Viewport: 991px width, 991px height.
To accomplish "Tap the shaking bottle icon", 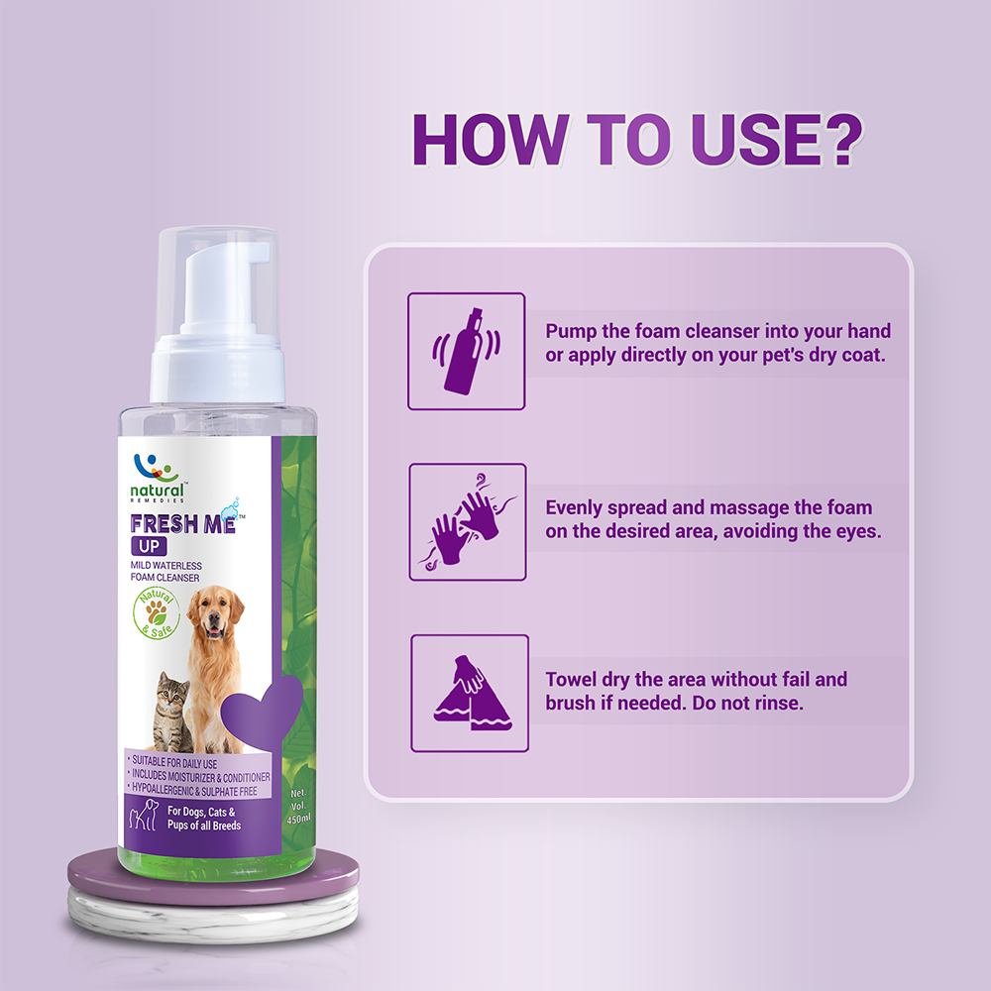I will (x=467, y=351).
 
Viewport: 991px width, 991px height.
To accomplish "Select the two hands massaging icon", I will (x=467, y=521).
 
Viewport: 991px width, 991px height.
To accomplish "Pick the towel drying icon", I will (x=469, y=693).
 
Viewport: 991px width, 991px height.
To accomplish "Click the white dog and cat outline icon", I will (x=143, y=818).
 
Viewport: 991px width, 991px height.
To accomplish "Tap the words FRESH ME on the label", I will (x=182, y=523).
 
